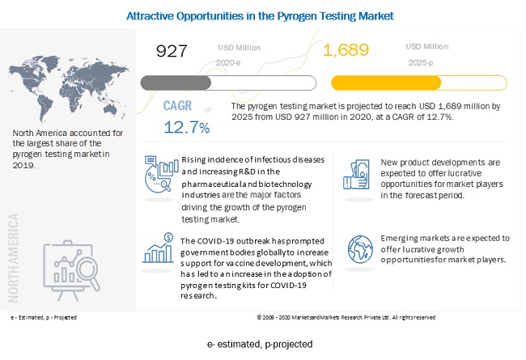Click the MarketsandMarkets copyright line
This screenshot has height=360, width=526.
click(346, 317)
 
